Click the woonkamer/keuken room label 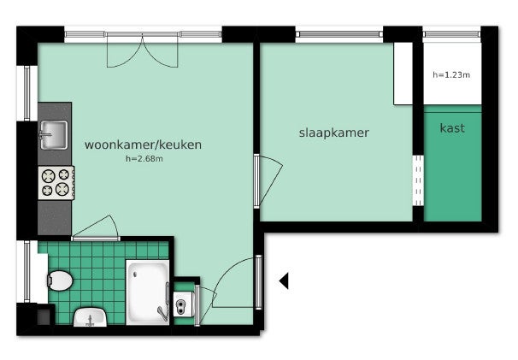pyautogui.click(x=143, y=145)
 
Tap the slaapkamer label pyautogui.click(x=334, y=133)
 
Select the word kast pyautogui.click(x=452, y=128)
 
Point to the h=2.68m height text pyautogui.click(x=144, y=159)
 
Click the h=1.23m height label pyautogui.click(x=451, y=75)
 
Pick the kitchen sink pyautogui.click(x=54, y=135)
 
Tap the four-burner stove pyautogui.click(x=56, y=183)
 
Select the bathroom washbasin pyautogui.click(x=91, y=316)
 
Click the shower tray pyautogui.click(x=147, y=292)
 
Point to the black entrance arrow pyautogui.click(x=284, y=281)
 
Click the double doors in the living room pyautogui.click(x=143, y=50)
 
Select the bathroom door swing pyautogui.click(x=96, y=228)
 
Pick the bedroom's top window pyautogui.click(x=339, y=34)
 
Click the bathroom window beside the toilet pyautogui.click(x=26, y=271)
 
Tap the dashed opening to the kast pyautogui.click(x=418, y=180)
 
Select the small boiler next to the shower pyautogui.click(x=182, y=304)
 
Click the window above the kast pyautogui.click(x=452, y=34)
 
